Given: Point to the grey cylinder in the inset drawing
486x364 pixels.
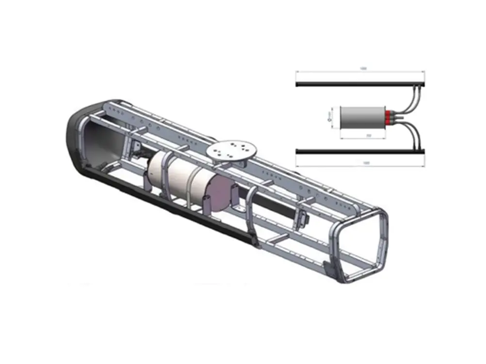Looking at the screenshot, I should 361,118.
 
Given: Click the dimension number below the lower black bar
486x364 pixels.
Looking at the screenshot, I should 363,163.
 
